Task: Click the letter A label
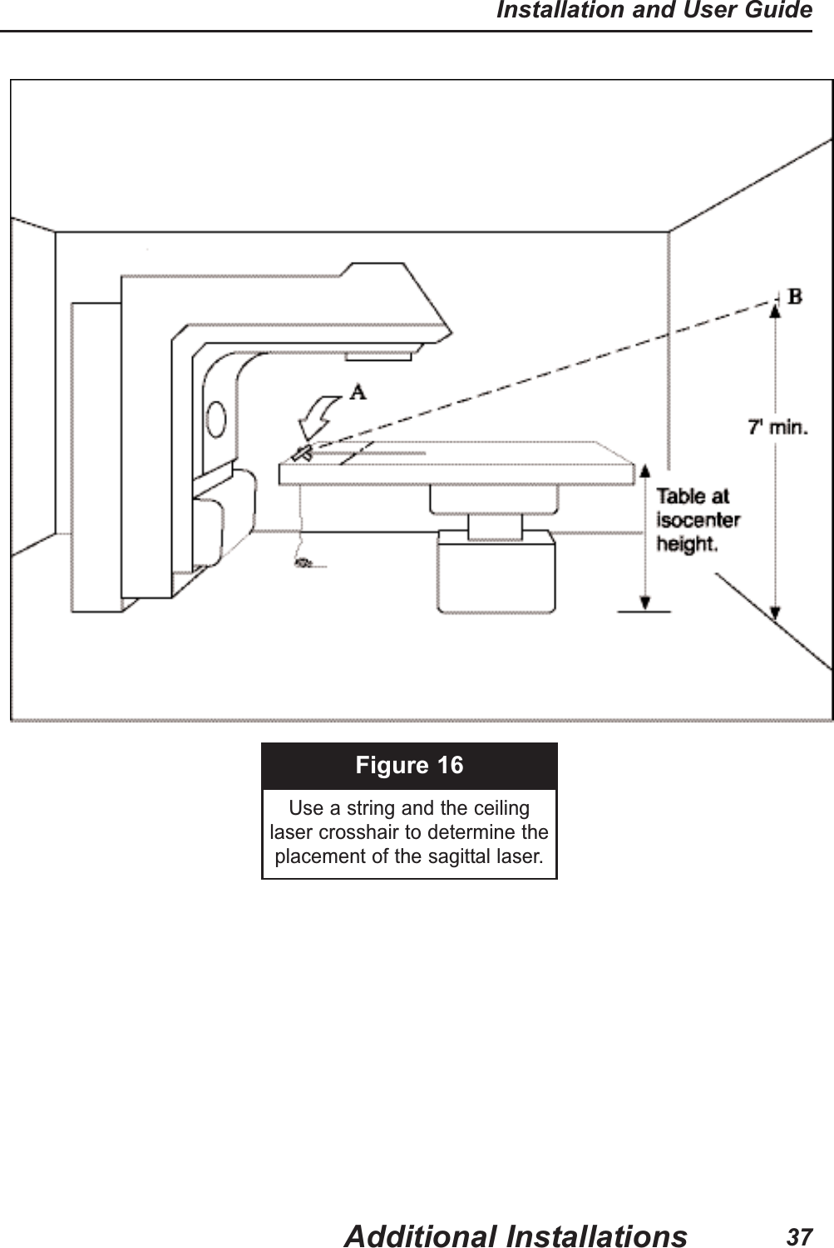(358, 392)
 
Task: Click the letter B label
(795, 296)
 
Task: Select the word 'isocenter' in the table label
(698, 520)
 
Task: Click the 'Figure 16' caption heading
(409, 765)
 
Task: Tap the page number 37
(799, 1236)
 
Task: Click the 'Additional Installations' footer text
(516, 1236)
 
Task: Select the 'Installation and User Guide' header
(654, 11)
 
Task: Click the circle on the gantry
(217, 420)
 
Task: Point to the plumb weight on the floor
(303, 563)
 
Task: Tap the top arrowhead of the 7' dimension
(775, 311)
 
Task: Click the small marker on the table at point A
(302, 452)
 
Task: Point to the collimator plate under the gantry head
(378, 355)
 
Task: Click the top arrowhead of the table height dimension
(644, 471)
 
